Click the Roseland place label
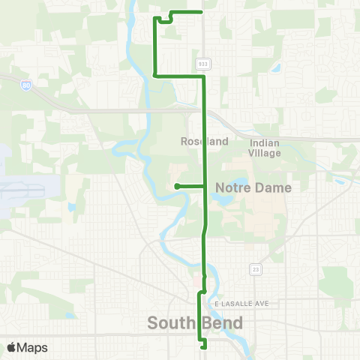[x=198, y=141]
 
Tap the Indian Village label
[x=265, y=148]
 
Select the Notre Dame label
[x=253, y=187]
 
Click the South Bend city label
[x=195, y=323]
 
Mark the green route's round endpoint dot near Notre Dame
[x=176, y=186]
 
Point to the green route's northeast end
[x=204, y=12]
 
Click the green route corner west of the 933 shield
[x=154, y=75]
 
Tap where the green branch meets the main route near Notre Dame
[x=205, y=186]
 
